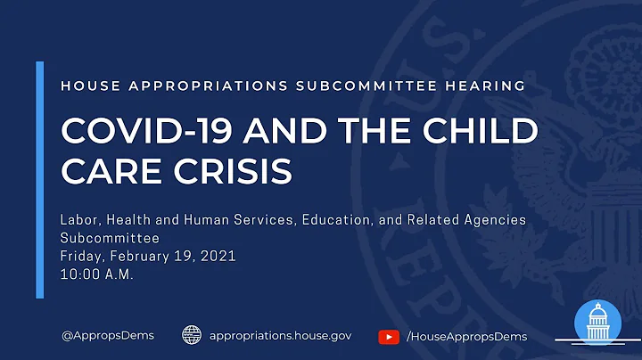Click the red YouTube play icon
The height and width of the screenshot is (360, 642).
coord(389,336)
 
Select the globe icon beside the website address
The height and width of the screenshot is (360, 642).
coord(192,335)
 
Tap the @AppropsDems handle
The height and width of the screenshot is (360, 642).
coord(107,336)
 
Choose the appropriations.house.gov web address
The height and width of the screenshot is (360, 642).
coord(280,336)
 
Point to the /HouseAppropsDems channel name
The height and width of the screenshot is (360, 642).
coord(466,336)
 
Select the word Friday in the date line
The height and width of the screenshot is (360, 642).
coord(82,257)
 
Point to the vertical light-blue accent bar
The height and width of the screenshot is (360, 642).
coord(39,179)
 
